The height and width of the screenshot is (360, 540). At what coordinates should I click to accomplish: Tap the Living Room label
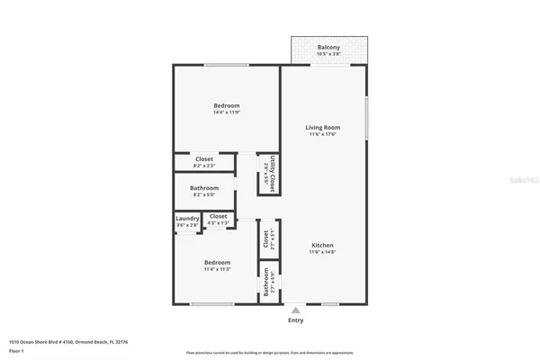click(324, 127)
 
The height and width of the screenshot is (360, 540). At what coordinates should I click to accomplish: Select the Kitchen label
click(323, 246)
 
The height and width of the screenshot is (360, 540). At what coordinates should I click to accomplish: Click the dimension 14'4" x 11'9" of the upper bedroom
click(226, 112)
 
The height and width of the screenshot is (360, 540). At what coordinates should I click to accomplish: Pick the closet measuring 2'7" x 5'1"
click(266, 238)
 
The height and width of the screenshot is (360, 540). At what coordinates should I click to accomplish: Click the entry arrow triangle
click(295, 310)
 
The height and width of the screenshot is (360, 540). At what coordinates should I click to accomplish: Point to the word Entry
click(295, 320)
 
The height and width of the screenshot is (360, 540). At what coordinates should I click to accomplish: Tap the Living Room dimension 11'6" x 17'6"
click(324, 135)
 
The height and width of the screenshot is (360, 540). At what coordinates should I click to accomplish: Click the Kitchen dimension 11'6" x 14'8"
click(323, 254)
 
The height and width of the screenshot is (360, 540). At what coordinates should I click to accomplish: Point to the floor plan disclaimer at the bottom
click(270, 351)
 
